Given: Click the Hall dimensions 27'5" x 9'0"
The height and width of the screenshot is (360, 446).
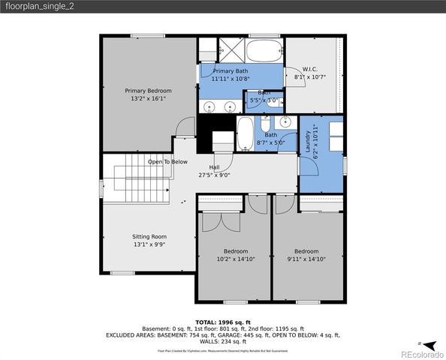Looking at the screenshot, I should coord(214,175).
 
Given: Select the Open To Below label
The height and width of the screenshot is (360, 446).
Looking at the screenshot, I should coord(167,161).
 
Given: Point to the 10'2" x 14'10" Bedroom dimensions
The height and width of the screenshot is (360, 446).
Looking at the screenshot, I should coord(235,259).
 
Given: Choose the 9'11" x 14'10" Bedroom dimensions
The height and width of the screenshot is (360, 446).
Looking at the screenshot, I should coord(306,259).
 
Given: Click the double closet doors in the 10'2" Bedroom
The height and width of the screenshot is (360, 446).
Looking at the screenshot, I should coord(215,223).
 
